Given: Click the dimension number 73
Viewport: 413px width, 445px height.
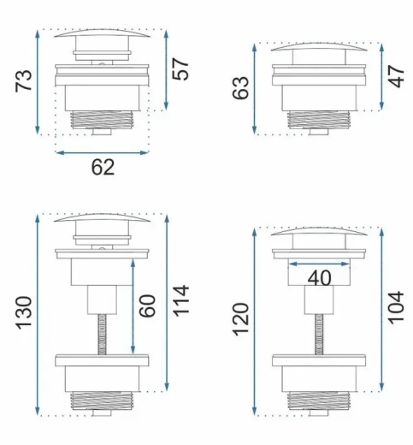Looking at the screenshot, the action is (24, 80).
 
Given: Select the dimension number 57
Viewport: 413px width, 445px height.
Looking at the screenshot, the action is (180, 69).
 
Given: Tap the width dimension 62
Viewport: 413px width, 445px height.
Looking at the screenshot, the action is (103, 167).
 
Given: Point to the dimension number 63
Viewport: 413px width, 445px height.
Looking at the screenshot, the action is (241, 88).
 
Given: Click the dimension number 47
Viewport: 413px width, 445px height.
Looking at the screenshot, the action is (396, 76).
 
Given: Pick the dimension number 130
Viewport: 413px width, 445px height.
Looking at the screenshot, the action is (24, 313).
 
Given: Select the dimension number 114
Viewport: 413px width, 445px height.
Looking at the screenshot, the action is (181, 300).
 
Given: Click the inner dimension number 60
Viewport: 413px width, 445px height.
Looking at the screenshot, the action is (147, 306).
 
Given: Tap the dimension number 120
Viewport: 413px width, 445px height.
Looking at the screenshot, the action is (241, 320).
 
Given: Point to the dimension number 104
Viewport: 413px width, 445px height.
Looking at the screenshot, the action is (396, 308).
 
